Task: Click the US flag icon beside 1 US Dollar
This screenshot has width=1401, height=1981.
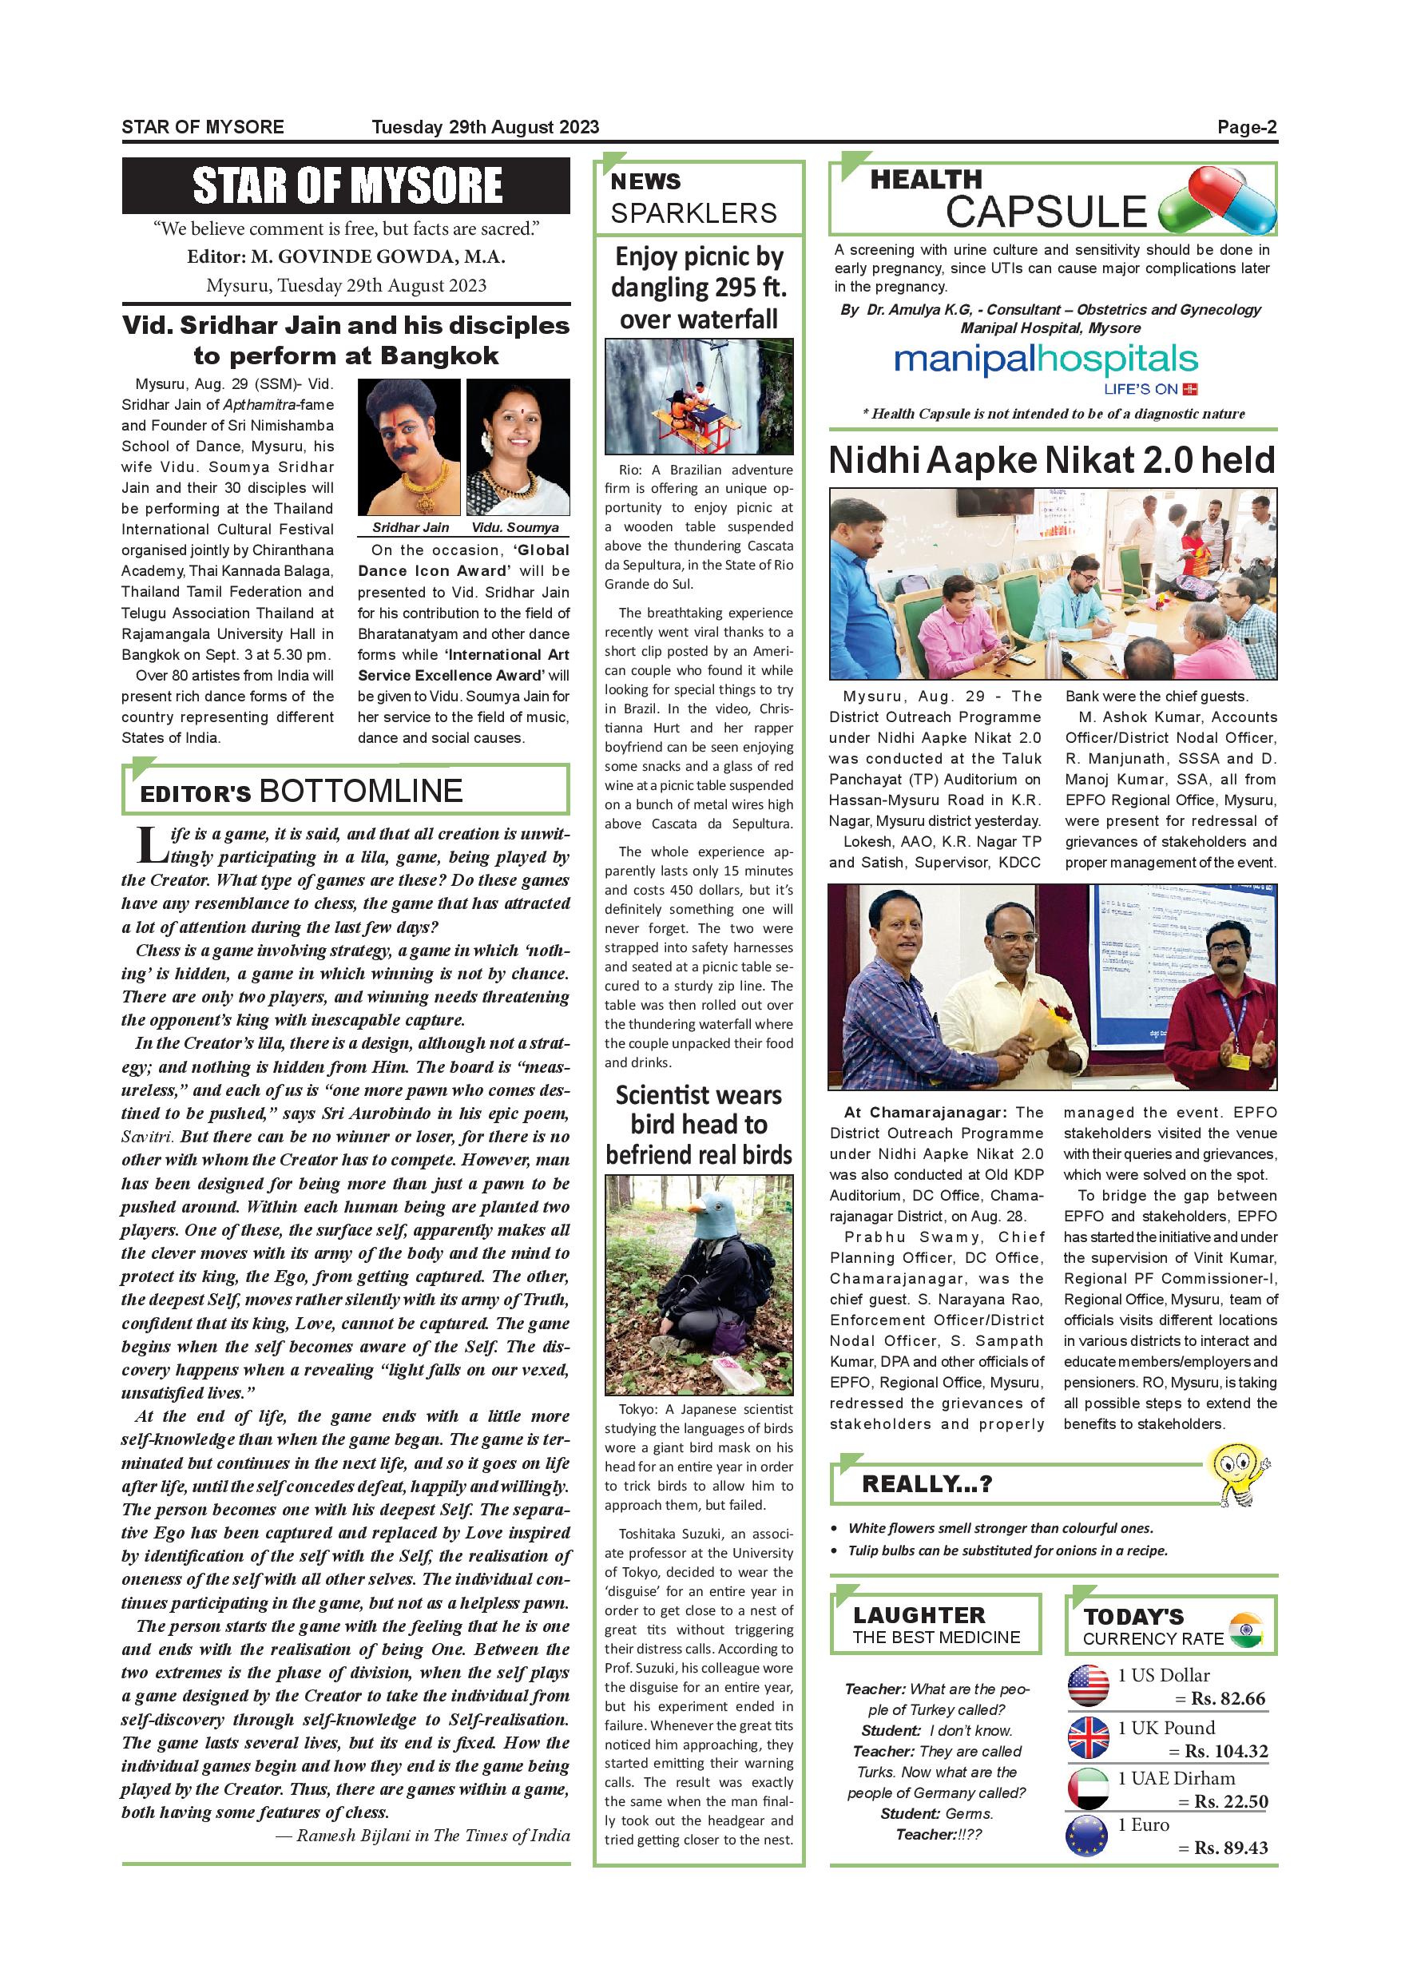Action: click(x=1088, y=1686)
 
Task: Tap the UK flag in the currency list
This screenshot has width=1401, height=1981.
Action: click(x=1088, y=1737)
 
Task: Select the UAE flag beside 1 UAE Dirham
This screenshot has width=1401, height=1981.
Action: click(x=1088, y=1788)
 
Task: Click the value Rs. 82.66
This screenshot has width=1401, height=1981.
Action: click(x=1228, y=1699)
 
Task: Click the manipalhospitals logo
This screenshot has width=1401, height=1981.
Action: click(x=1034, y=359)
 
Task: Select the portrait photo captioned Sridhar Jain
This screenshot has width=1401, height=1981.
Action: click(x=409, y=447)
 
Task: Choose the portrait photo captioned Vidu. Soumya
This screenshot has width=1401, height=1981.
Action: click(x=518, y=447)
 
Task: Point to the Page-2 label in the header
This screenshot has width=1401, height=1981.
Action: click(x=1247, y=128)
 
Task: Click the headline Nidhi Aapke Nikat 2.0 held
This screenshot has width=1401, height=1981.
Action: click(x=1052, y=461)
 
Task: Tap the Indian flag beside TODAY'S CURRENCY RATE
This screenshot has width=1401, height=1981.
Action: click(x=1245, y=1630)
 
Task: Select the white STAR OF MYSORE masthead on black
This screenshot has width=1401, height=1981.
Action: click(x=346, y=185)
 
